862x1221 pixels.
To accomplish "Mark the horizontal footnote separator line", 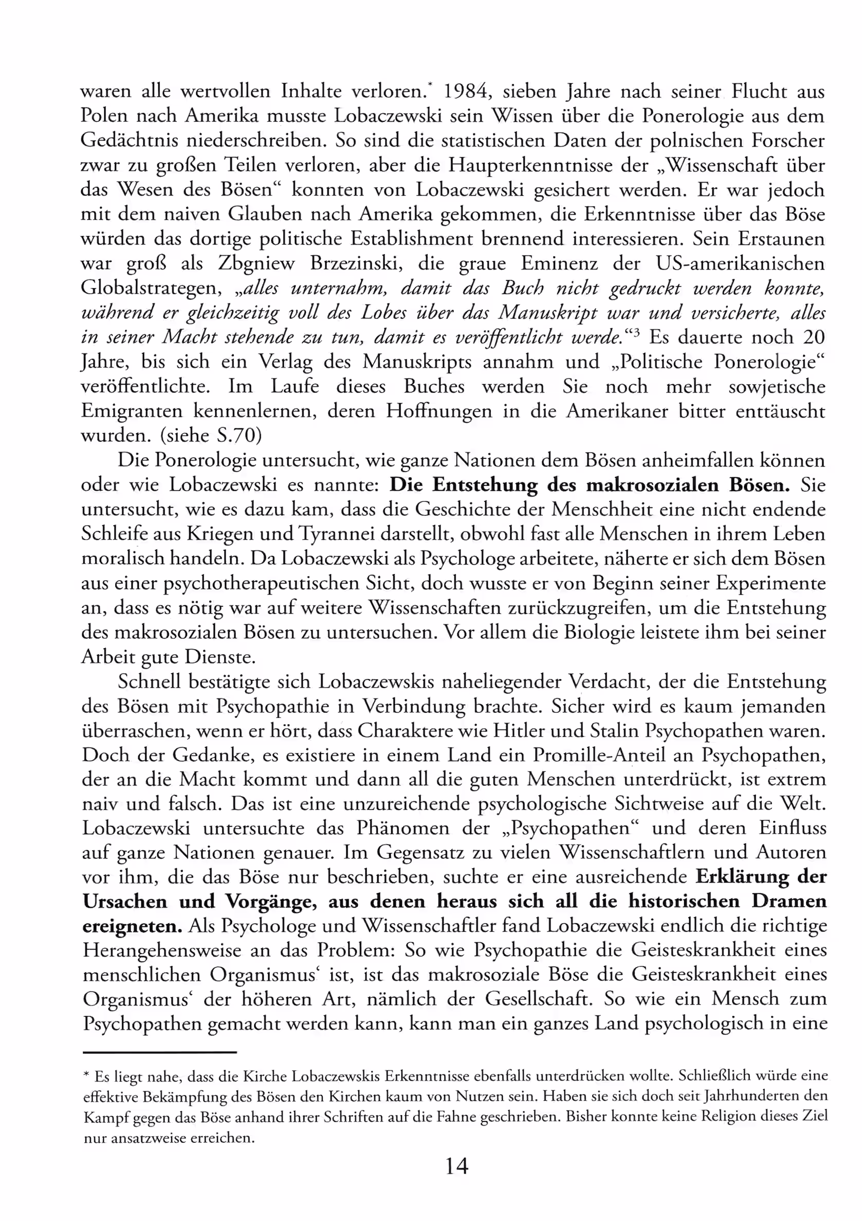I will click(159, 1052).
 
